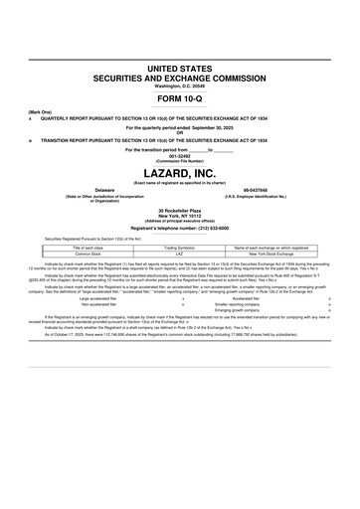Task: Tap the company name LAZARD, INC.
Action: tap(180, 174)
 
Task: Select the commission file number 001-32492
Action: tap(180, 156)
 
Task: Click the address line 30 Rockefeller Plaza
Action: tap(180, 211)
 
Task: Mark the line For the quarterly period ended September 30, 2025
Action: tap(180, 127)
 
